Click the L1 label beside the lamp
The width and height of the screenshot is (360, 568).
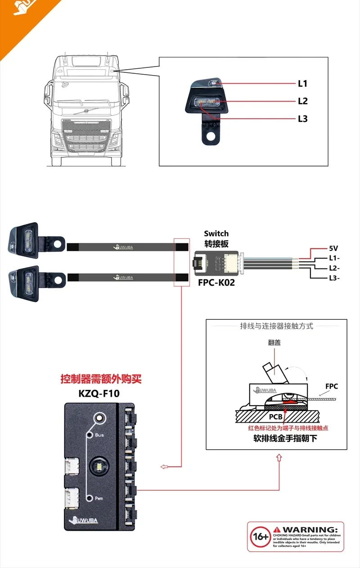click(x=302, y=84)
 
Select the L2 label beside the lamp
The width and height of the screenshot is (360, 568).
click(x=302, y=101)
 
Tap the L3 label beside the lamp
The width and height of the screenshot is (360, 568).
click(x=302, y=119)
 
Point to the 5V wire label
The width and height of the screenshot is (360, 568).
click(x=334, y=248)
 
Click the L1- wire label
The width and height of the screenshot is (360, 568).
click(x=334, y=258)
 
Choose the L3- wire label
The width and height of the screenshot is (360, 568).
click(x=334, y=278)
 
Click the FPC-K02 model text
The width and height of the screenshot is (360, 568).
click(x=216, y=283)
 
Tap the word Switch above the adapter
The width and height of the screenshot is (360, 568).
click(x=216, y=233)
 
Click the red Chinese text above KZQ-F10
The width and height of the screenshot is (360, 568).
click(x=101, y=379)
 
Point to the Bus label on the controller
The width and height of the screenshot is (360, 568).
click(x=99, y=435)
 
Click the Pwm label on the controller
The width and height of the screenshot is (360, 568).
click(x=99, y=498)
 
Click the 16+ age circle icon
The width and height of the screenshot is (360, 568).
click(x=260, y=537)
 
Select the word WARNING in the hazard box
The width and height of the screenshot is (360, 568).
click(x=309, y=530)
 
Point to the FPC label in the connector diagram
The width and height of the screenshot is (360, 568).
click(x=332, y=386)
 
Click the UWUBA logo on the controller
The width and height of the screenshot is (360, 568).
click(x=88, y=521)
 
